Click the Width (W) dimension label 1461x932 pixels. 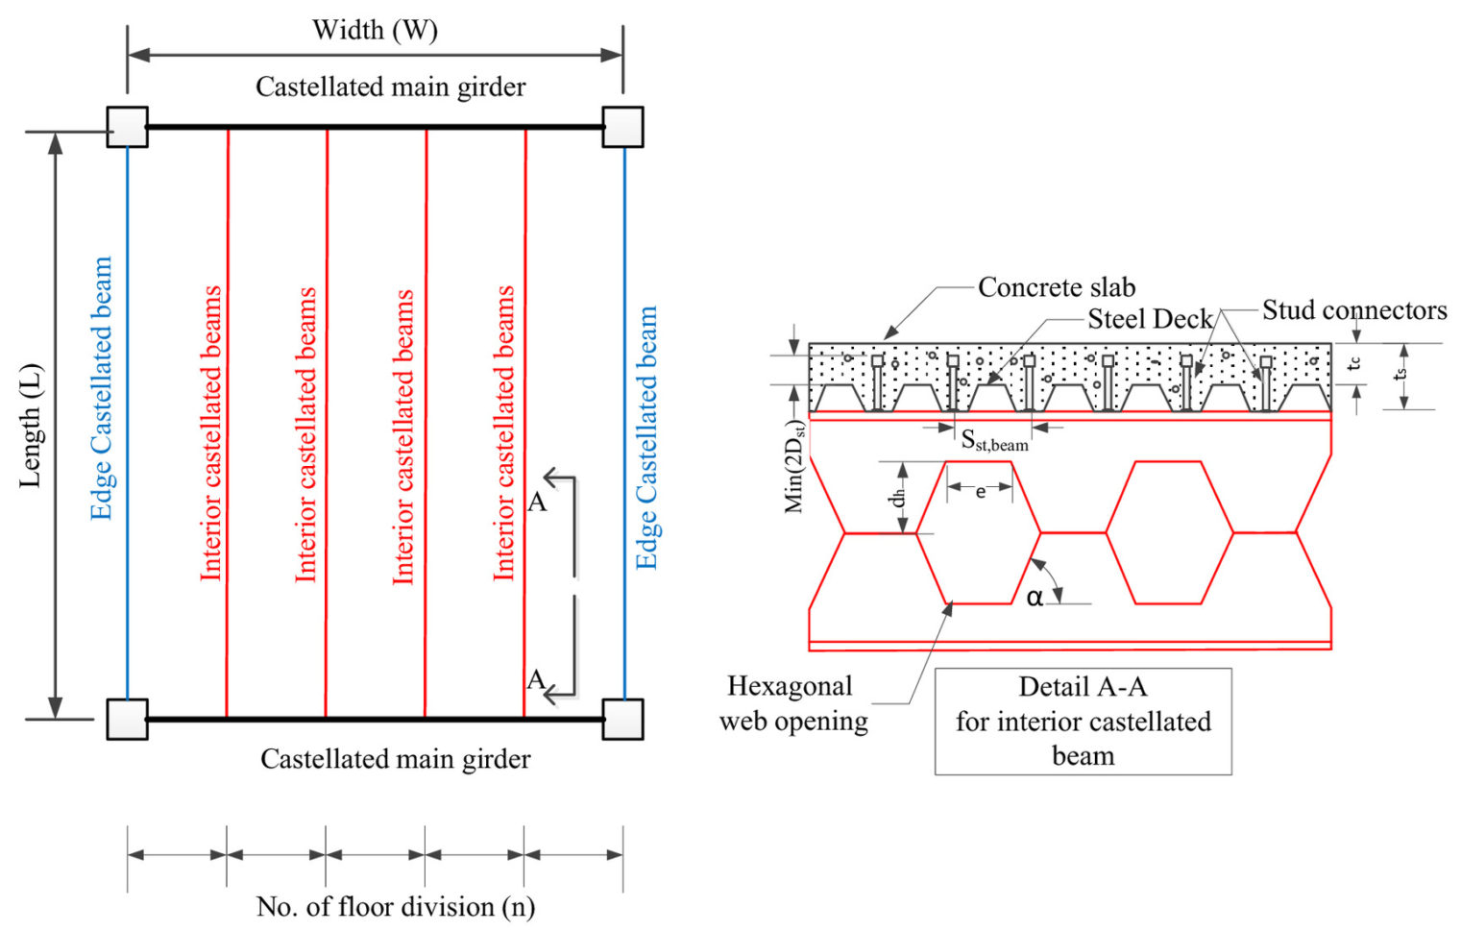pyautogui.click(x=375, y=30)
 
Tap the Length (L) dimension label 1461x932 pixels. pyautogui.click(x=31, y=425)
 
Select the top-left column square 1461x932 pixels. pyautogui.click(x=127, y=127)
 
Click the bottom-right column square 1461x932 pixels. pyautogui.click(x=622, y=719)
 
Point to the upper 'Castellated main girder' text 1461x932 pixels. pyautogui.click(x=390, y=87)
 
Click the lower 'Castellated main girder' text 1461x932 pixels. pyautogui.click(x=395, y=759)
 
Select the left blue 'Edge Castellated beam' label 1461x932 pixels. pyautogui.click(x=101, y=388)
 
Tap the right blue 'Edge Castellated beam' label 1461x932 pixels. pyautogui.click(x=646, y=437)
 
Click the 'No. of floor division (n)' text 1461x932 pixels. pyautogui.click(x=395, y=906)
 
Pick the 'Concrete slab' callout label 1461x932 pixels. pyautogui.click(x=1056, y=287)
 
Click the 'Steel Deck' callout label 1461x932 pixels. pyautogui.click(x=1149, y=319)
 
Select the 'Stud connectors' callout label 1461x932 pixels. pyautogui.click(x=1353, y=310)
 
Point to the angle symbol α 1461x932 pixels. pyautogui.click(x=1034, y=598)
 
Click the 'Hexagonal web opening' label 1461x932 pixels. pyautogui.click(x=792, y=703)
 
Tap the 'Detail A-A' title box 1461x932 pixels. pyautogui.click(x=1083, y=721)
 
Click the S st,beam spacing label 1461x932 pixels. pyautogui.click(x=994, y=441)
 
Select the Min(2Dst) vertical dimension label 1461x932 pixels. pyautogui.click(x=794, y=466)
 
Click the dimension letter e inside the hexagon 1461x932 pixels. pyautogui.click(x=980, y=492)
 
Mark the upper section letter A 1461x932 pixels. pyautogui.click(x=537, y=502)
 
